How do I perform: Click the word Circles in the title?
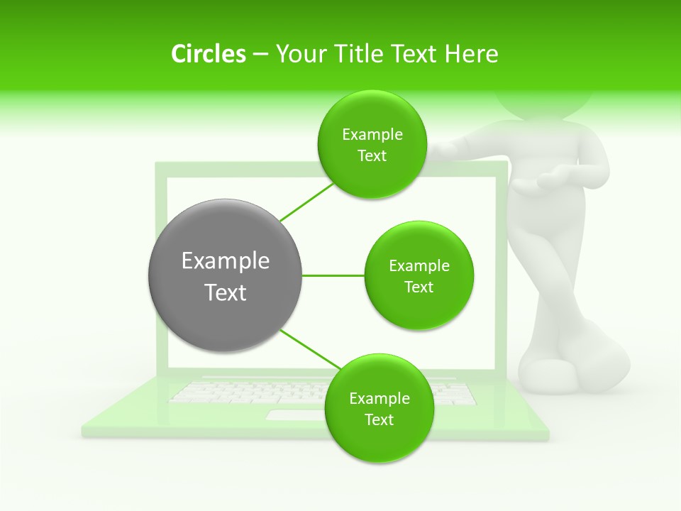209,54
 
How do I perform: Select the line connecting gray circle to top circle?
306,201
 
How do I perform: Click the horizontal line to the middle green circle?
333,275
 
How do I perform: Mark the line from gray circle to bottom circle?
311,349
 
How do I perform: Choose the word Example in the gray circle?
226,260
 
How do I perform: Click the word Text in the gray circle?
226,292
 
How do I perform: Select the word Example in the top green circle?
372,135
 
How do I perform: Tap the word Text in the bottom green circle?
379,419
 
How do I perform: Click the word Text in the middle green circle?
419,287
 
